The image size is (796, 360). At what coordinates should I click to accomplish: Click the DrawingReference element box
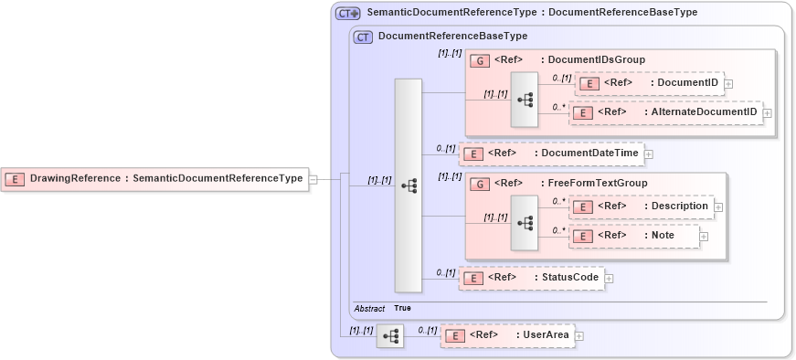(x=154, y=179)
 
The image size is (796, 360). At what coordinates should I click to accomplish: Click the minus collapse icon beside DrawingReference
(x=313, y=179)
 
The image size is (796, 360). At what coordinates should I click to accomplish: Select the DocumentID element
(x=649, y=83)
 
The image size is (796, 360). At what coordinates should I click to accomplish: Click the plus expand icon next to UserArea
(x=578, y=336)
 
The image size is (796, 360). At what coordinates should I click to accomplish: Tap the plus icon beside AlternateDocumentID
(x=767, y=113)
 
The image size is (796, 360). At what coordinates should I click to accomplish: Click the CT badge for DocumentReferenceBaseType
(x=363, y=37)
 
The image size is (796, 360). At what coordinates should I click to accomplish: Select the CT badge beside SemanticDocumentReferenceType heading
(x=347, y=13)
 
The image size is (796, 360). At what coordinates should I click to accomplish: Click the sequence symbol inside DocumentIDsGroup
(x=525, y=99)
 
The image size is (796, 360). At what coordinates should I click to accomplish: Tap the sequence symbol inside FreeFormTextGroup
(x=525, y=221)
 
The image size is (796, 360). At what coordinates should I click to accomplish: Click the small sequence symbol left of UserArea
(x=389, y=335)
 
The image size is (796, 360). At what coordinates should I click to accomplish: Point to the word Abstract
(x=369, y=309)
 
